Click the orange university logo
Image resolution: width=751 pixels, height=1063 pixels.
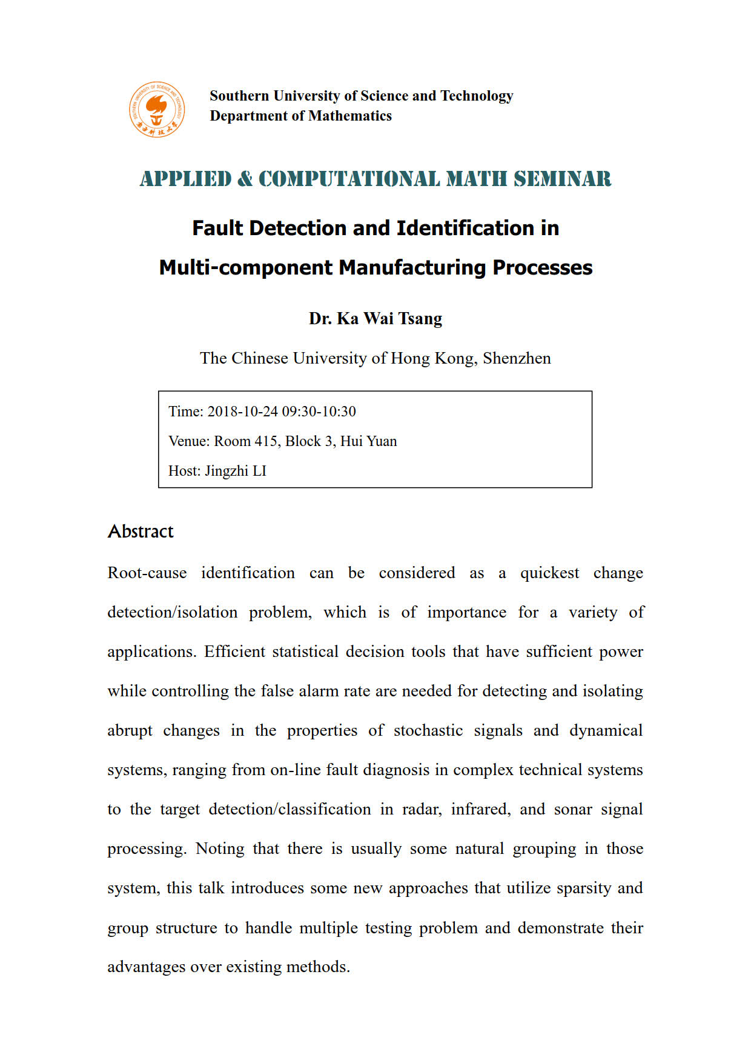click(x=157, y=110)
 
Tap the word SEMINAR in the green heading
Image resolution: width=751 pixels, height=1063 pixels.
click(x=563, y=179)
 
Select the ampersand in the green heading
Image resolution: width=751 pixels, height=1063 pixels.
click(x=245, y=179)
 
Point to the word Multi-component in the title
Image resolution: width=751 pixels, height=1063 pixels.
click(x=246, y=267)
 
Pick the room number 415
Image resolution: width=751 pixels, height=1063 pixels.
click(x=265, y=441)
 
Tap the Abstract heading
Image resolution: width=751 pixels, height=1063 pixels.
click(x=141, y=531)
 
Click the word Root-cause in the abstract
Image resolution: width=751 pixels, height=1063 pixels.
click(x=147, y=573)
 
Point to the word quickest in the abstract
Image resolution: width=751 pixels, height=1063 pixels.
click(x=549, y=573)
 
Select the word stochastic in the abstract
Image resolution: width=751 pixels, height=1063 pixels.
click(x=428, y=730)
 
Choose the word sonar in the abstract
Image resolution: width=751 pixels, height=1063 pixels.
click(x=572, y=809)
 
